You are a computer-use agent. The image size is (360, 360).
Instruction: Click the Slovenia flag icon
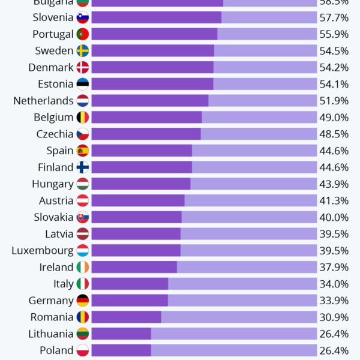coord(83,17)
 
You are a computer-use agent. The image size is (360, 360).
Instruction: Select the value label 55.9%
coord(334,34)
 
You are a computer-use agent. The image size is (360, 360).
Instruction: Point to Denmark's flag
coord(83,67)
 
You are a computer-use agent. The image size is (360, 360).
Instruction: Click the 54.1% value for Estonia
coord(334,84)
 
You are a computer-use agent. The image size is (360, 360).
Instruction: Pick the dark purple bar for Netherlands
coord(150,101)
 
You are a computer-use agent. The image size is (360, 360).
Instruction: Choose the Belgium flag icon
coord(83,118)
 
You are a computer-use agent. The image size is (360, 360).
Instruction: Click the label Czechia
coord(55,134)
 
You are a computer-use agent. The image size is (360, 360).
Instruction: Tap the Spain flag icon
coord(83,151)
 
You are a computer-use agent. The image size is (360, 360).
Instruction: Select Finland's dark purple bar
coord(142,167)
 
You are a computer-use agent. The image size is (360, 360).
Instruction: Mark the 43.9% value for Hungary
coord(334,184)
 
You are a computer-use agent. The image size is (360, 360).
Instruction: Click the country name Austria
coord(56,201)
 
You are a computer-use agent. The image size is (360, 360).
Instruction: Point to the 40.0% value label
coord(334,217)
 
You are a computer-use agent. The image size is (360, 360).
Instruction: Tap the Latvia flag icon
coord(83,234)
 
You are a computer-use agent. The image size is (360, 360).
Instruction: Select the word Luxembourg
coord(42,251)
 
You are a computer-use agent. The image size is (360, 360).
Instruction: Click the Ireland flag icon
coord(83,267)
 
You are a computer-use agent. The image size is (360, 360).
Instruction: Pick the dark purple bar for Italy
coord(130,284)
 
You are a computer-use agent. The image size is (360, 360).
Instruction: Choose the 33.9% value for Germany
coord(334,301)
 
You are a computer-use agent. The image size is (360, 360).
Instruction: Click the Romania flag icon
coord(83,317)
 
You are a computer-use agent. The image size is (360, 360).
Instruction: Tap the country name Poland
coord(56,350)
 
